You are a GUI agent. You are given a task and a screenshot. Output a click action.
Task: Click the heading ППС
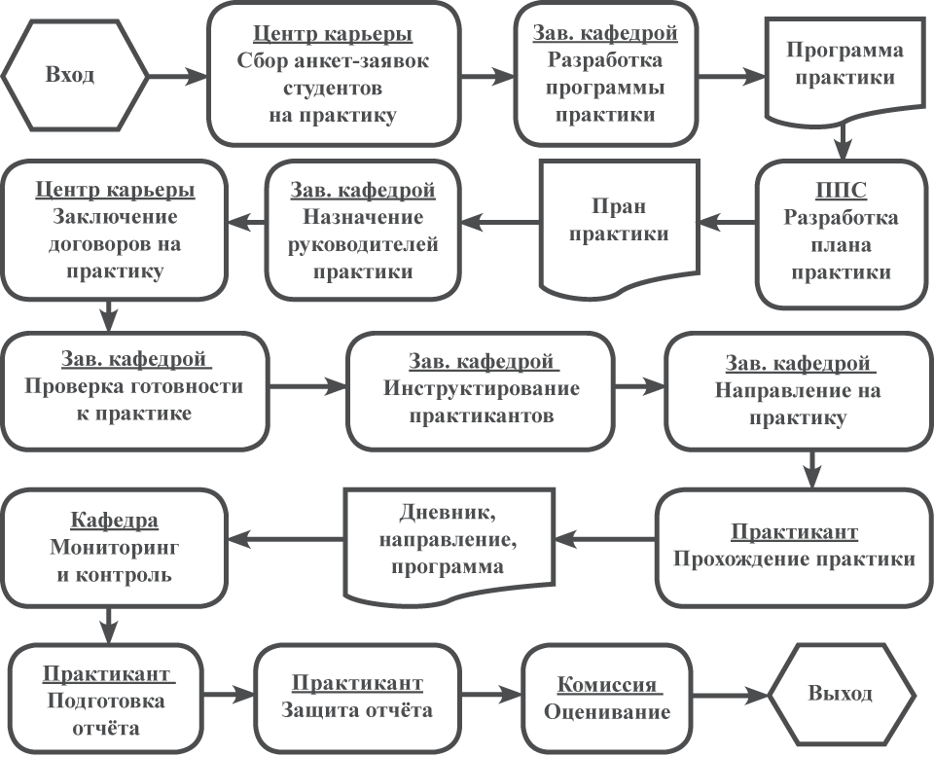(x=840, y=190)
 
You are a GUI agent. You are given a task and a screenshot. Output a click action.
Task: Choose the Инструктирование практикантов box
(x=482, y=390)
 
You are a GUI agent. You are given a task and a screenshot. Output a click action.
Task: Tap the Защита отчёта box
(x=357, y=697)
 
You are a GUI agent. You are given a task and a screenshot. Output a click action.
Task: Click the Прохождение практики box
(x=793, y=547)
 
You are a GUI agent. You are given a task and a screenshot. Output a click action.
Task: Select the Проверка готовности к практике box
(x=134, y=390)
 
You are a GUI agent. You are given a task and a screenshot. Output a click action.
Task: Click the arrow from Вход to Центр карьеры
(x=179, y=75)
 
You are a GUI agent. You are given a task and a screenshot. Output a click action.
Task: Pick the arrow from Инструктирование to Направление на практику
(x=638, y=387)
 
